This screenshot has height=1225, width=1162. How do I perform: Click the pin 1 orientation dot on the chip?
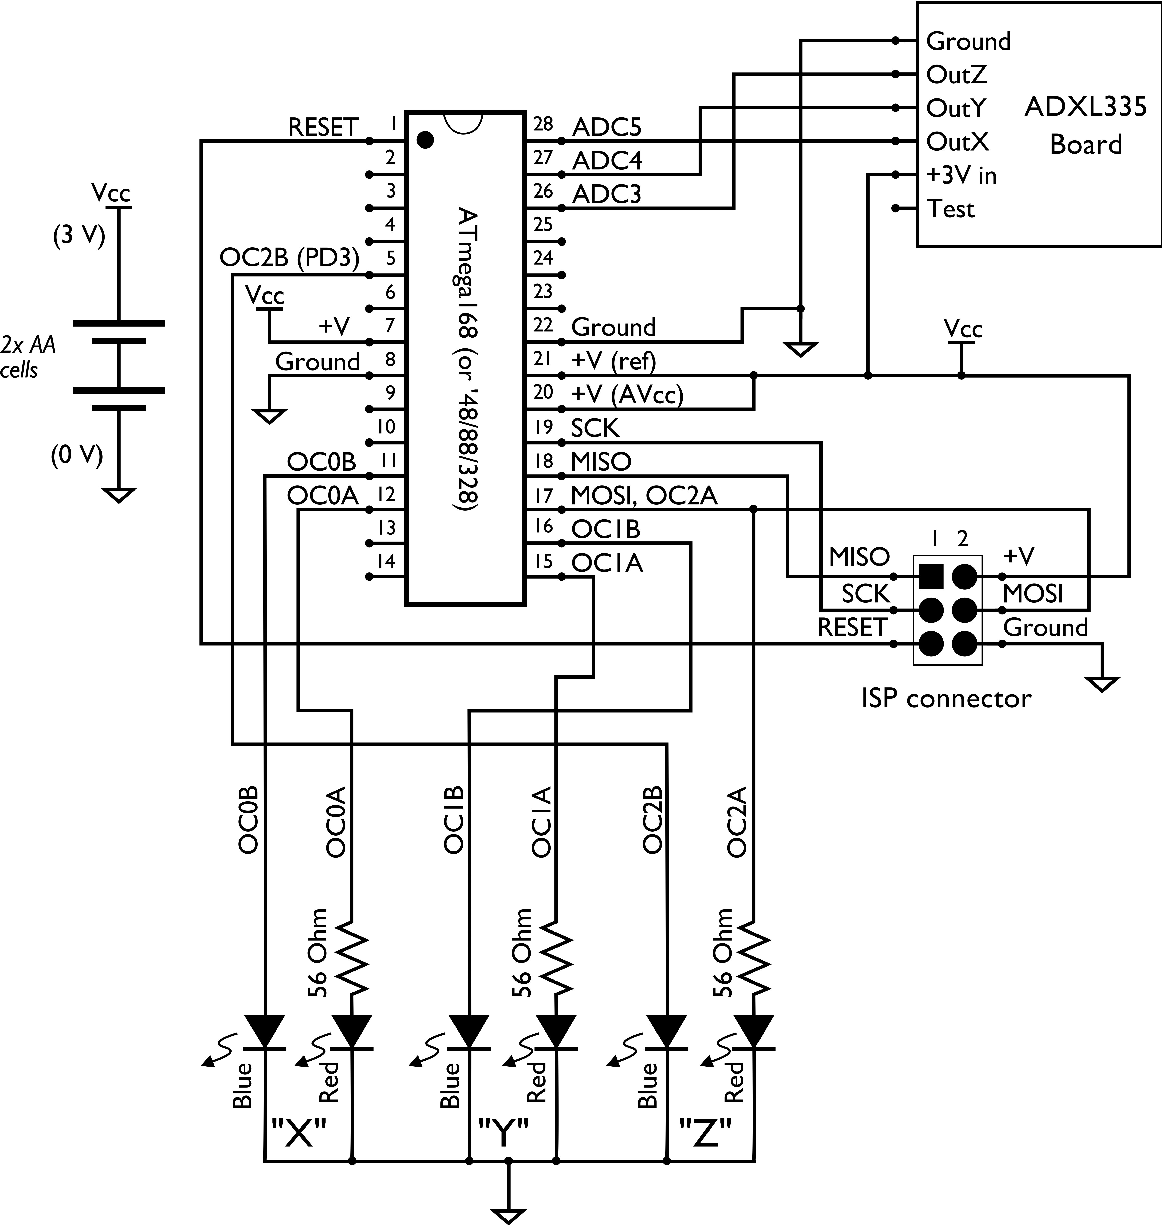[x=425, y=140]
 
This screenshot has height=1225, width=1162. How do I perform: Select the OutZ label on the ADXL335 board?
[x=956, y=75]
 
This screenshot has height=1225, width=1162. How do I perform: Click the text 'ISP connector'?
[x=946, y=698]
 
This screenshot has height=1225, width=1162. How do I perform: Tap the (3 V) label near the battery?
[x=79, y=236]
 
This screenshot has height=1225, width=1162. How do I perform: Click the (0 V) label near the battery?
[x=77, y=455]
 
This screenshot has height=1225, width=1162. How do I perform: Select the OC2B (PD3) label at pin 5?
[x=289, y=258]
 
